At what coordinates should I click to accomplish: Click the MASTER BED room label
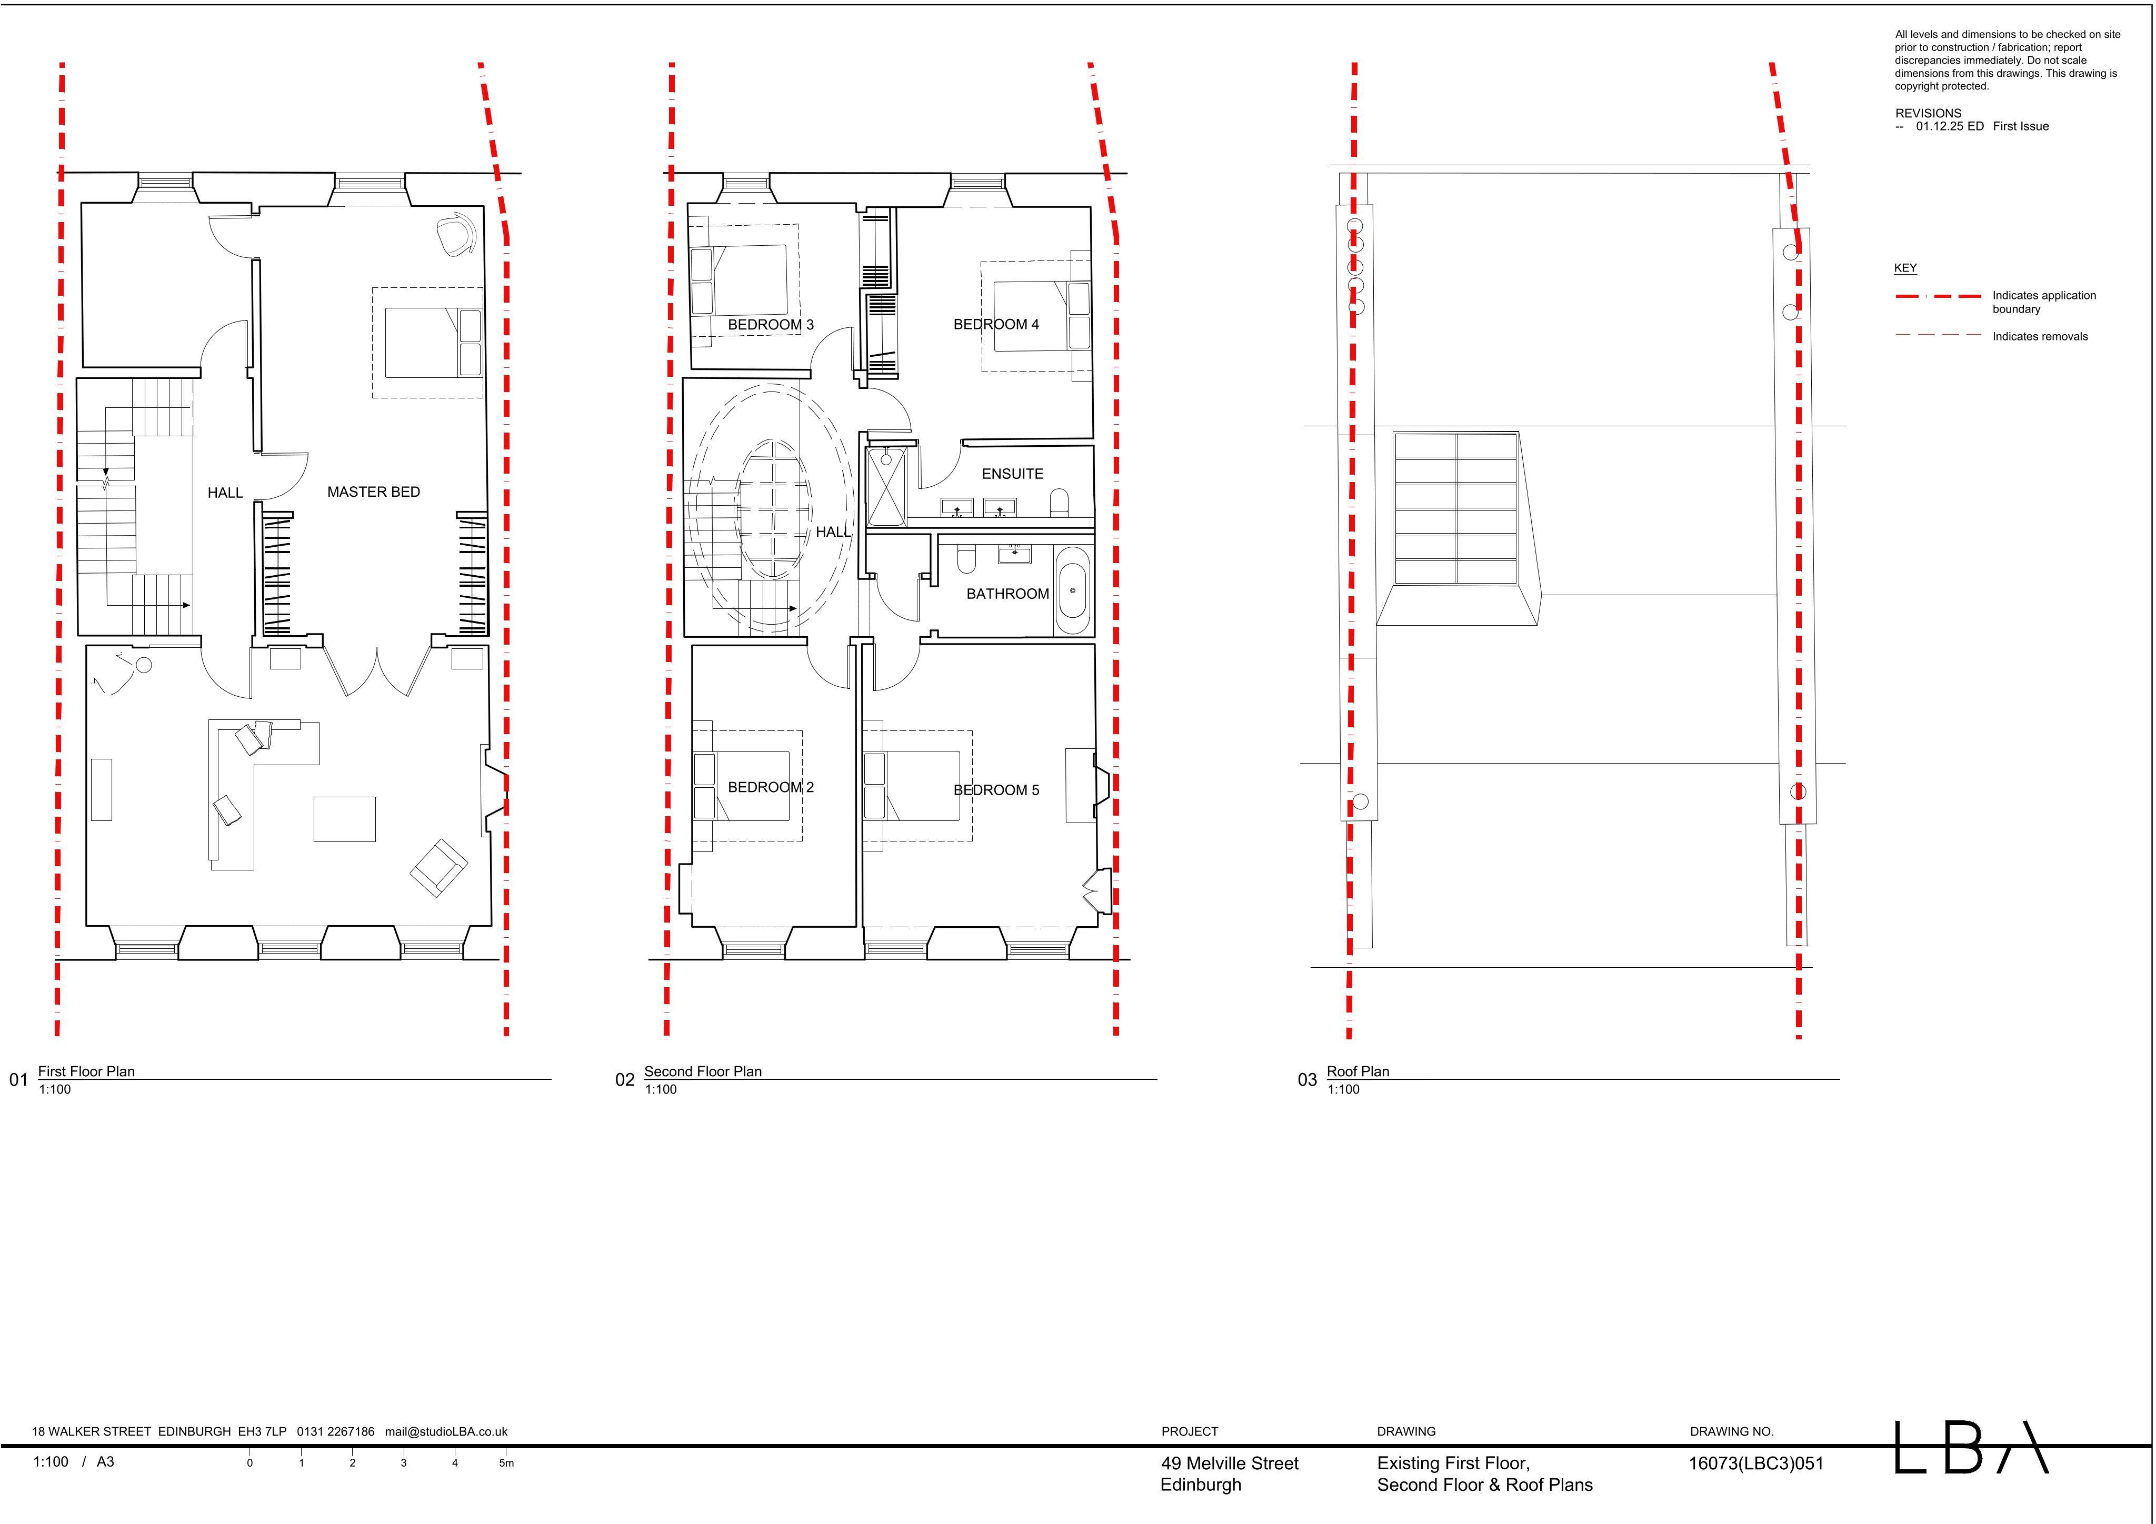coord(374,492)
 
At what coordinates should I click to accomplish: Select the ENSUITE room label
coord(1012,474)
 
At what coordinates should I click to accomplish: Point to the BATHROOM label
coord(1007,594)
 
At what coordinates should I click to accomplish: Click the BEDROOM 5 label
coord(996,790)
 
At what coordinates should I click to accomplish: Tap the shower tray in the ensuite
coord(886,487)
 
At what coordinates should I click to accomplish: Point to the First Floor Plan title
coord(86,1071)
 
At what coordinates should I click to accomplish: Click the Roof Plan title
coord(1358,1071)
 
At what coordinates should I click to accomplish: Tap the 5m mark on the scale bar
coord(506,1463)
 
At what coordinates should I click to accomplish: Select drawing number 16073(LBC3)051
coord(1756,1463)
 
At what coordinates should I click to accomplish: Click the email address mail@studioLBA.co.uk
coord(446,1432)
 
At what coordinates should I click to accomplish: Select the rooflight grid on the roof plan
coord(1455,508)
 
